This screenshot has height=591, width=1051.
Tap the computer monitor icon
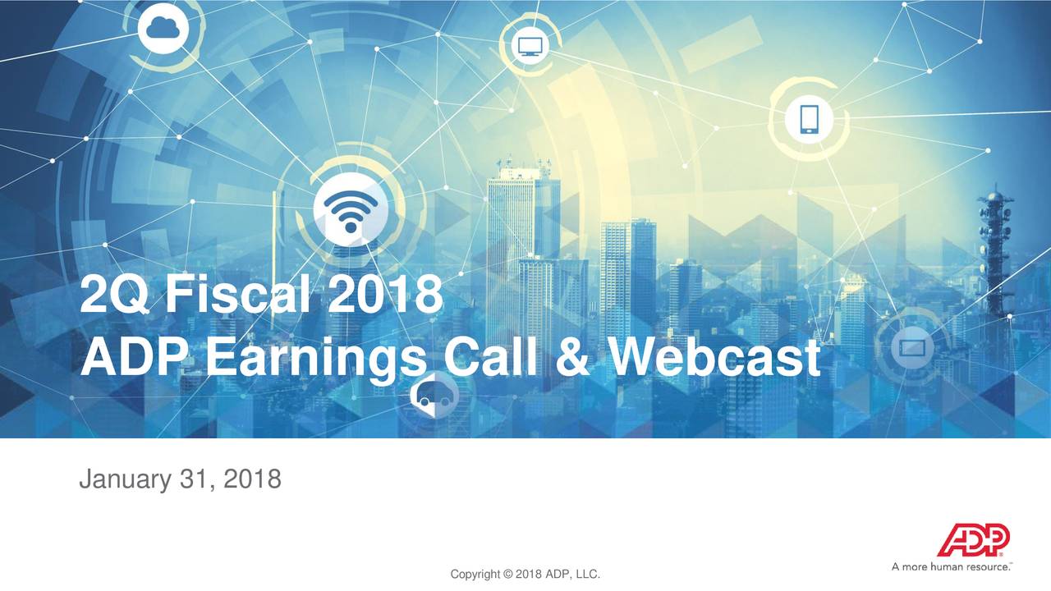click(x=525, y=46)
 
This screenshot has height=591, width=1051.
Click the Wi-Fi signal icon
click(x=351, y=209)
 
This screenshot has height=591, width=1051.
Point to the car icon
click(x=433, y=397)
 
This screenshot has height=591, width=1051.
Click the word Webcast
click(x=714, y=358)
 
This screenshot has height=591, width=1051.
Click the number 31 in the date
click(x=195, y=478)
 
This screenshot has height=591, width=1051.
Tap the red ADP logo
click(x=974, y=540)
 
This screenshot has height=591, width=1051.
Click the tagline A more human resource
click(x=952, y=566)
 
